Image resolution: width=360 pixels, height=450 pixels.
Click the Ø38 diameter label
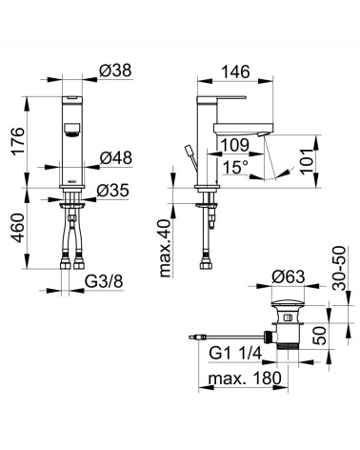click(x=115, y=71)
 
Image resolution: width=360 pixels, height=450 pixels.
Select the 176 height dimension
click(x=18, y=140)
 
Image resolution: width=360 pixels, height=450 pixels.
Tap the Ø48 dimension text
click(x=116, y=157)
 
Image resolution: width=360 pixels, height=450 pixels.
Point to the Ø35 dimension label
click(x=113, y=191)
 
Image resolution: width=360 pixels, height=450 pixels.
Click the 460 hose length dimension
click(x=18, y=228)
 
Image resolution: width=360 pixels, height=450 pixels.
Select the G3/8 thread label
click(x=104, y=281)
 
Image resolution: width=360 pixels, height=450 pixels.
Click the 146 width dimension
click(x=235, y=72)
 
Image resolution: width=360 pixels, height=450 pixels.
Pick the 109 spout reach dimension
click(x=235, y=145)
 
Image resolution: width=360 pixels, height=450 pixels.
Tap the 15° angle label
click(x=235, y=167)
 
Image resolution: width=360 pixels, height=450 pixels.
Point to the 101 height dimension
click(x=309, y=161)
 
